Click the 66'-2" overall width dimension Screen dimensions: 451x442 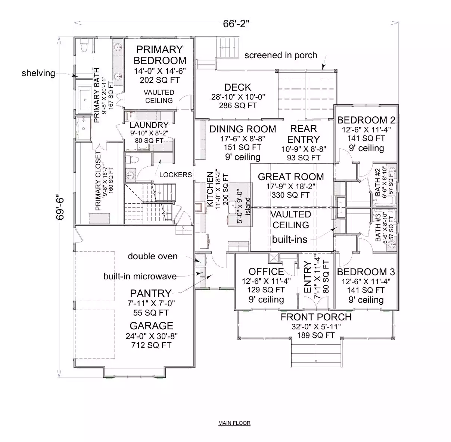[236, 23]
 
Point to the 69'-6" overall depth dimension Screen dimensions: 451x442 [60, 209]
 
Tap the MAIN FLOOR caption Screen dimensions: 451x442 [234, 423]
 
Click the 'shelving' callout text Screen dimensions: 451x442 [38, 73]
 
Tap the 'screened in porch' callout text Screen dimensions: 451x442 [281, 56]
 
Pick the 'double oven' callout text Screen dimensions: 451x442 [153, 256]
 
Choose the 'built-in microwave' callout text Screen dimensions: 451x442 [140, 276]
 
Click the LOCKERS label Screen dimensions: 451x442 [175, 175]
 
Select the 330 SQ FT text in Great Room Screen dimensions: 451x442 [290, 195]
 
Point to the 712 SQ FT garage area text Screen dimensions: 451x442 [152, 345]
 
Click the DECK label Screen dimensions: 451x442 [237, 87]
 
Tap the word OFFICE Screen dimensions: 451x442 [266, 272]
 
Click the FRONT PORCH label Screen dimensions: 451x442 [316, 317]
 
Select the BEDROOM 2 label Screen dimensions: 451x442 [366, 120]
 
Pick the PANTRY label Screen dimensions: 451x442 [151, 293]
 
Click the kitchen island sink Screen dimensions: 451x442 [232, 207]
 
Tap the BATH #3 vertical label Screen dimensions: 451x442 [378, 228]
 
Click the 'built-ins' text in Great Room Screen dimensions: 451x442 [290, 239]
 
